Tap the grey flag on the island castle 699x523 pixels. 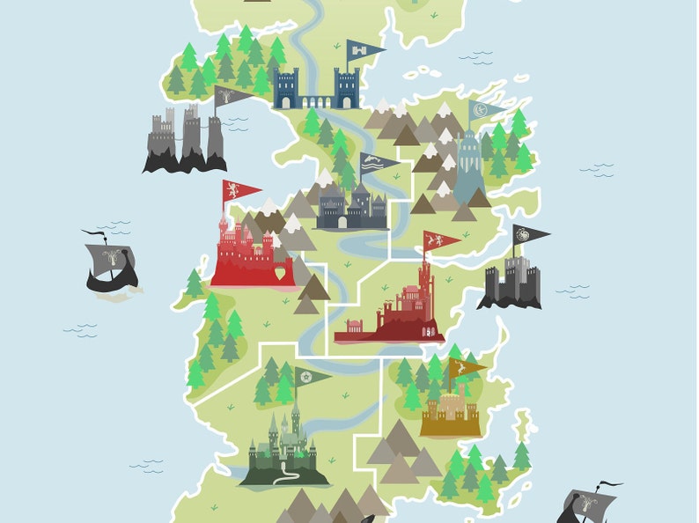(x=232, y=96)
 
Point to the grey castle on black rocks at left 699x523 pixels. (x=185, y=141)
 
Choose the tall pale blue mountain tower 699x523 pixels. (x=467, y=172)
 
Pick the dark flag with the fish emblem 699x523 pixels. (x=376, y=163)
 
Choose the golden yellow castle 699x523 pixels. (x=450, y=413)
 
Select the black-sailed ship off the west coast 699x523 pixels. (x=110, y=263)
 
